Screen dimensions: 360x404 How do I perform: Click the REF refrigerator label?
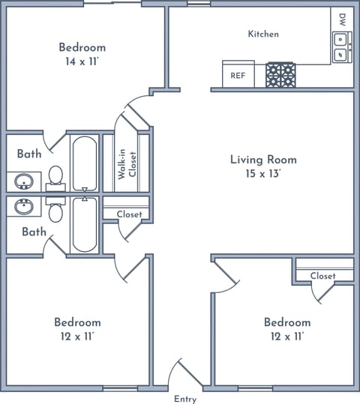[x=238, y=76]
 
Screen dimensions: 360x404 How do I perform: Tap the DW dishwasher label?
[x=342, y=19]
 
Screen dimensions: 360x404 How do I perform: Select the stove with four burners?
[x=280, y=75]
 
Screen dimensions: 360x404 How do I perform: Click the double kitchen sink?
[x=342, y=47]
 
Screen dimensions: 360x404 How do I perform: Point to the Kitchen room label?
[x=263, y=34]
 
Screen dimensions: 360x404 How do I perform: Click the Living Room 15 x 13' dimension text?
[x=263, y=174]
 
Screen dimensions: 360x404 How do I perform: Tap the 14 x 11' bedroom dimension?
[x=82, y=61]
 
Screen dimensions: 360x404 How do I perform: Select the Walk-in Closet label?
[x=127, y=164]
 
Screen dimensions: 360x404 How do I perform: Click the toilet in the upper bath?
[x=55, y=178]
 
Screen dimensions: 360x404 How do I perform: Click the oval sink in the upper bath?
[x=24, y=181]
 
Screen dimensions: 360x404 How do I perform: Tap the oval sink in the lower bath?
[x=24, y=206]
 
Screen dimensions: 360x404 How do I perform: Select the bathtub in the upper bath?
[x=85, y=163]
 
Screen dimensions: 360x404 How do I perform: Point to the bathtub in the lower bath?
[x=85, y=224]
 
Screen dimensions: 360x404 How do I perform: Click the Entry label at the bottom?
[x=185, y=399]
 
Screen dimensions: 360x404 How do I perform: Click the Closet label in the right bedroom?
[x=322, y=276]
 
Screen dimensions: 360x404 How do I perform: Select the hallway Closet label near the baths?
[x=129, y=214]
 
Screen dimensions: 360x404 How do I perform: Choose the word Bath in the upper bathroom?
[x=29, y=154]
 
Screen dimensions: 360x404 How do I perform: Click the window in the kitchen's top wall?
[x=199, y=3]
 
